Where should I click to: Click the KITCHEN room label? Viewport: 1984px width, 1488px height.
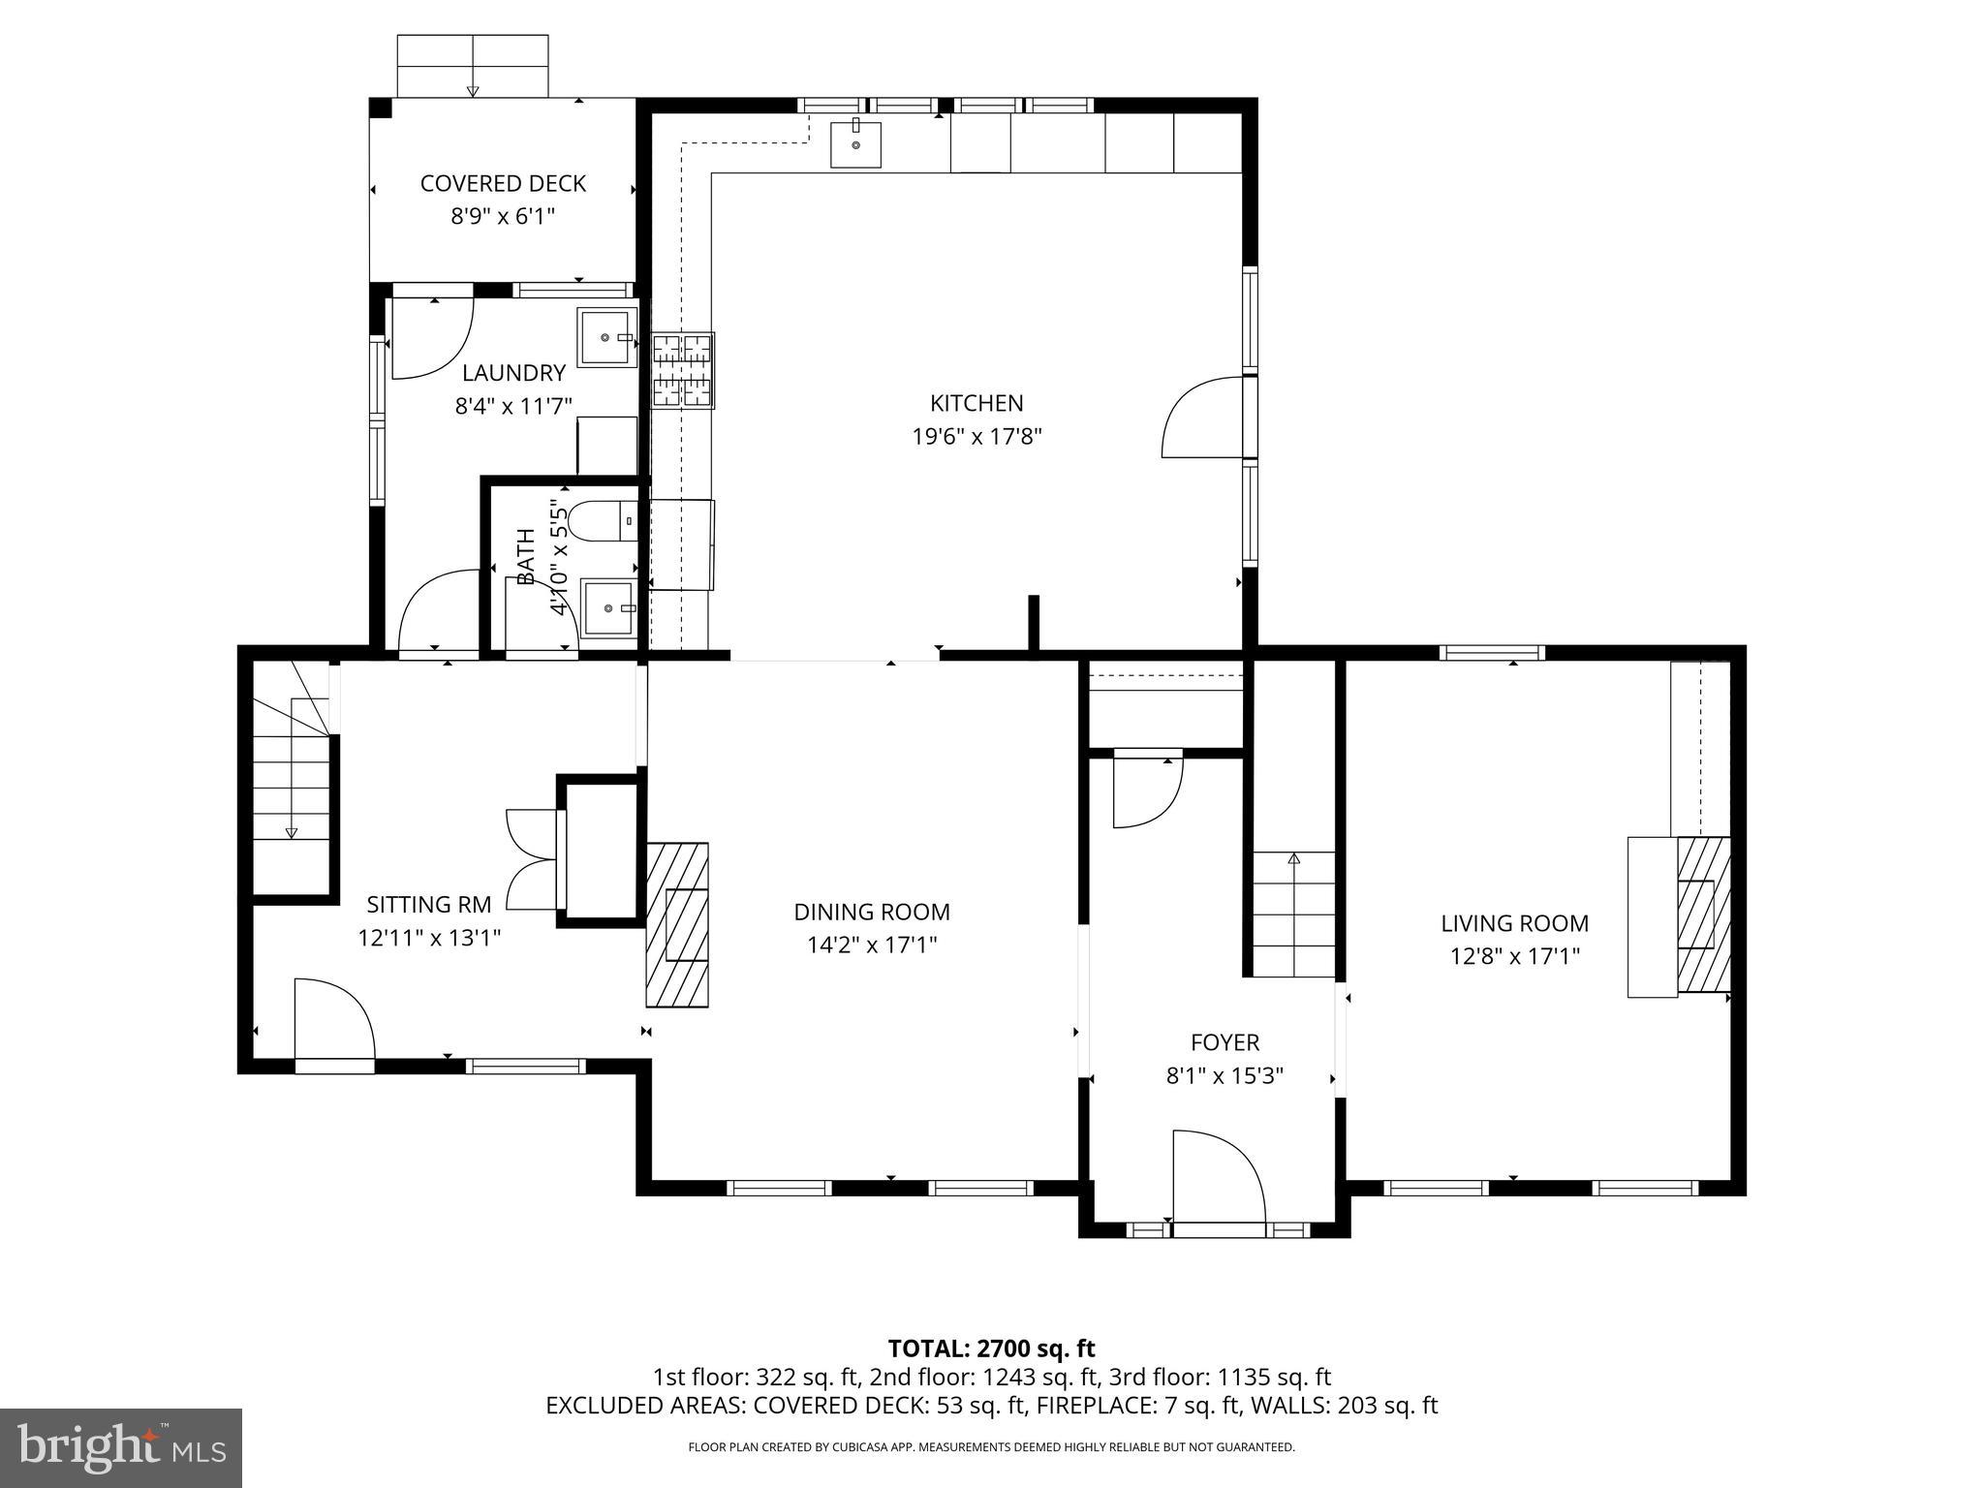tap(976, 403)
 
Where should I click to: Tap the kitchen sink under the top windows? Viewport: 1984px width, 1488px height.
tap(855, 144)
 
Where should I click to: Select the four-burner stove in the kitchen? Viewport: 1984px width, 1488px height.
tap(683, 370)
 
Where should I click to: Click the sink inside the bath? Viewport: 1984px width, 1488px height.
tap(608, 607)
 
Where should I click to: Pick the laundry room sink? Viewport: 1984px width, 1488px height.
tap(606, 337)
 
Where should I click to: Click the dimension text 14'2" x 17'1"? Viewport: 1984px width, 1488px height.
tap(872, 945)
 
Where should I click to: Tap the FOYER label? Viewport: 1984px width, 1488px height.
tap(1224, 1042)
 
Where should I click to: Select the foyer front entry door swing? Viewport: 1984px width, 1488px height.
tap(1217, 1176)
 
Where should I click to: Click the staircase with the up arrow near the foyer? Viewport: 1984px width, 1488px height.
tap(1294, 914)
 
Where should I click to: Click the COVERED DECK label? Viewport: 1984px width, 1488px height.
tap(503, 183)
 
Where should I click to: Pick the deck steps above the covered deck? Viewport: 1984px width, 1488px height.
tap(473, 65)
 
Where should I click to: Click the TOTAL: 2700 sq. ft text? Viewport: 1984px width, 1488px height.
tap(991, 1348)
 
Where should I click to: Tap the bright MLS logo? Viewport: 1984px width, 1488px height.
tap(120, 1448)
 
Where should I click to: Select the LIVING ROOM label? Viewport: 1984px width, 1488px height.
tap(1514, 923)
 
